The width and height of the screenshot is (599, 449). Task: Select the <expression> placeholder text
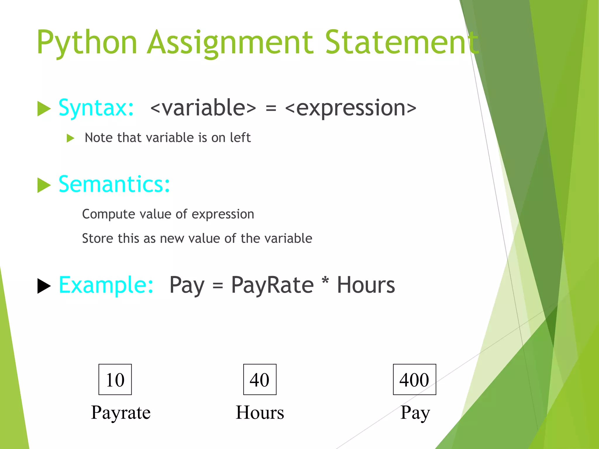350,108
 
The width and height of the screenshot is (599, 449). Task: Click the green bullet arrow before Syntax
44,108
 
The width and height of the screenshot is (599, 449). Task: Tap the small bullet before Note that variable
70,138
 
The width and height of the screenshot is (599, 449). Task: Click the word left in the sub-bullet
240,137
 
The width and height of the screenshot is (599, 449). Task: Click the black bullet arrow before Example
44,286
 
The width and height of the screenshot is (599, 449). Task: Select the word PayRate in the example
272,285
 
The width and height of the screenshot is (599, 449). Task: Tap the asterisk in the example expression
325,281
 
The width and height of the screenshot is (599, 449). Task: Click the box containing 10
115,379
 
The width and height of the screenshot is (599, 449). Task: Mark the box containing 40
260,379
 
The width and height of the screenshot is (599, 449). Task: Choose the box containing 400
414,379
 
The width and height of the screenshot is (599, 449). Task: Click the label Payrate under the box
121,412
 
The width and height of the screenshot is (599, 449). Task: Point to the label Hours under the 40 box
260,412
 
